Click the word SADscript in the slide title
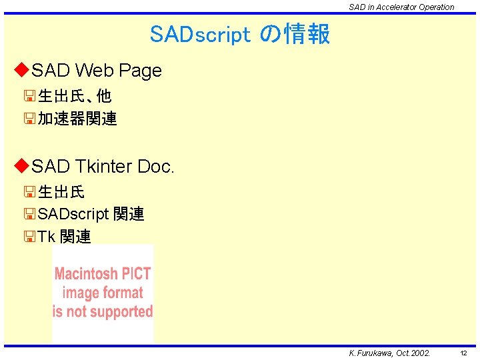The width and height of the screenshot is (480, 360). [200, 34]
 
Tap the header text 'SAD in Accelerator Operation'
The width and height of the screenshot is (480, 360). [401, 7]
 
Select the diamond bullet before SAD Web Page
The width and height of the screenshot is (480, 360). [22, 69]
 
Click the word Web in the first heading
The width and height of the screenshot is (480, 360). [93, 70]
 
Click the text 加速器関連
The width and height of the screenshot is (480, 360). [77, 119]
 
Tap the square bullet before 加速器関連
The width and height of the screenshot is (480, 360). [29, 119]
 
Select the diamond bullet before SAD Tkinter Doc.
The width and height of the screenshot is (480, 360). [22, 165]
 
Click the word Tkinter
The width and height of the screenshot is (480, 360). [103, 166]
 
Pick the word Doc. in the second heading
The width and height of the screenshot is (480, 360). [155, 166]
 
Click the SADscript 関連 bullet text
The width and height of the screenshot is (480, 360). [91, 214]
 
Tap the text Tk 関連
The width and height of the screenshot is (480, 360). [64, 237]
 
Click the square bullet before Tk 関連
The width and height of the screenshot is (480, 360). [29, 237]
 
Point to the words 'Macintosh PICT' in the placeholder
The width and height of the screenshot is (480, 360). [103, 273]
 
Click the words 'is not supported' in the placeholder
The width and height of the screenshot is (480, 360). [103, 311]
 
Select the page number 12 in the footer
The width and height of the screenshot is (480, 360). [463, 353]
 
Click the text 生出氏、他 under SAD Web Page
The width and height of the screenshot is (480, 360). [74, 96]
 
